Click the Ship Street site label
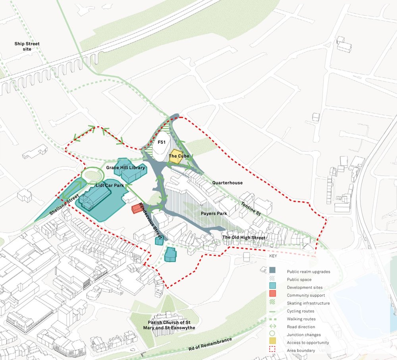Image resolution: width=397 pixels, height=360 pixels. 27,46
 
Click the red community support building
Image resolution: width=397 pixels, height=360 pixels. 137,209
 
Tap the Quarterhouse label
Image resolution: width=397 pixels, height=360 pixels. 227,183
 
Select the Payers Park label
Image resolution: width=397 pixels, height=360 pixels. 214,214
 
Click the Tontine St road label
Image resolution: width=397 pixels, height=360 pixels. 251,208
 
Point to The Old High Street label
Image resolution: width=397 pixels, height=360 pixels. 243,238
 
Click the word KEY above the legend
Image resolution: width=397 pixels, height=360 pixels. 273,256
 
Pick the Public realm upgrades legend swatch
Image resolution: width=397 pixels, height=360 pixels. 272,271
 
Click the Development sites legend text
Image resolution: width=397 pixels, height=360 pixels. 304,287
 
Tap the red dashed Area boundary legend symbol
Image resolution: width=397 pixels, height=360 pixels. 272,350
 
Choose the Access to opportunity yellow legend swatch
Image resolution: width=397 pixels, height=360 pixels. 272,343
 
